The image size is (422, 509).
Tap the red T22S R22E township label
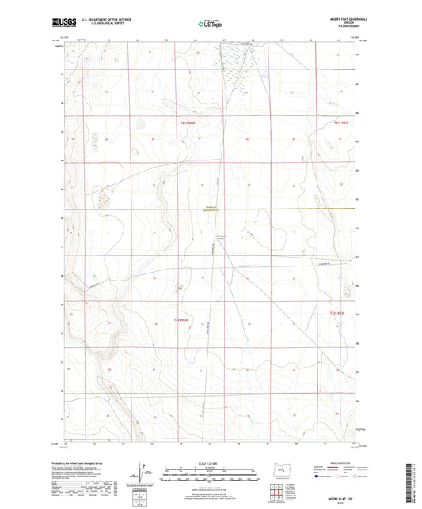tap(181, 319)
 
